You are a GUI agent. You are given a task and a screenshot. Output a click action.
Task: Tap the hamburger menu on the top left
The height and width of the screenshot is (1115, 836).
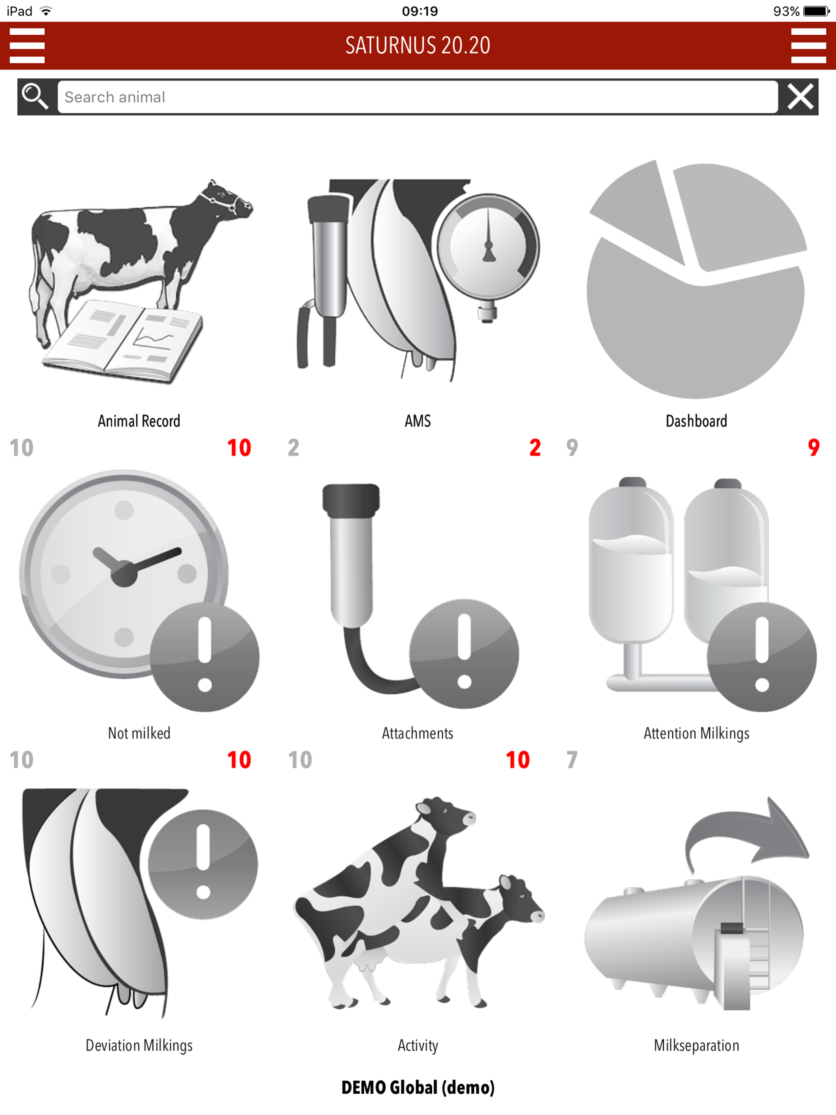27,45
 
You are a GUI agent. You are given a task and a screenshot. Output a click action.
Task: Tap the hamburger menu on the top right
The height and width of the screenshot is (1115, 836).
808,45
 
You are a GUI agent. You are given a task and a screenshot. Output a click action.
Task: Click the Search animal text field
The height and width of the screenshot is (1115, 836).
418,97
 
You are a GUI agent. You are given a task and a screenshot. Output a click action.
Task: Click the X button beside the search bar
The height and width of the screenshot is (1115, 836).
800,96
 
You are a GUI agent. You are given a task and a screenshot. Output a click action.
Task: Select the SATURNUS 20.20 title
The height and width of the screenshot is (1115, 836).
418,45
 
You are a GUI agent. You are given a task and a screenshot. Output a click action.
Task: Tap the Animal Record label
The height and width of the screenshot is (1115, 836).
139,421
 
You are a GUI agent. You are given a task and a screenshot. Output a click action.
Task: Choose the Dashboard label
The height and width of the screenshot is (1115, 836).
696,421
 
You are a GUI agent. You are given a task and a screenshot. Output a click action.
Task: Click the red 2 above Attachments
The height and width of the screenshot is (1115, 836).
535,448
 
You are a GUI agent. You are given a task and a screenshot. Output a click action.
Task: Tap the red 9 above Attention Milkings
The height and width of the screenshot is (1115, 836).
813,448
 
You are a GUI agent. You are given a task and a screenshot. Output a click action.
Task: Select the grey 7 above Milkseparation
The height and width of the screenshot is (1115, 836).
572,760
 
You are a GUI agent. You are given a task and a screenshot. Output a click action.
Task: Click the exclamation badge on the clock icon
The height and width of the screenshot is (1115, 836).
205,656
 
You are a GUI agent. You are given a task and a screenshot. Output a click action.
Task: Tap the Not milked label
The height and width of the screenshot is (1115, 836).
139,733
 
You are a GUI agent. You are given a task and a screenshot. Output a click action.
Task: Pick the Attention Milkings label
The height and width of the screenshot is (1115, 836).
696,733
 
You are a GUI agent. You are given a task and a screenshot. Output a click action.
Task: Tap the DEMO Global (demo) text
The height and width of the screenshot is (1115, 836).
418,1087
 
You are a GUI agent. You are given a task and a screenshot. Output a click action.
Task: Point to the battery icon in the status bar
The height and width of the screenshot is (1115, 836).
816,11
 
